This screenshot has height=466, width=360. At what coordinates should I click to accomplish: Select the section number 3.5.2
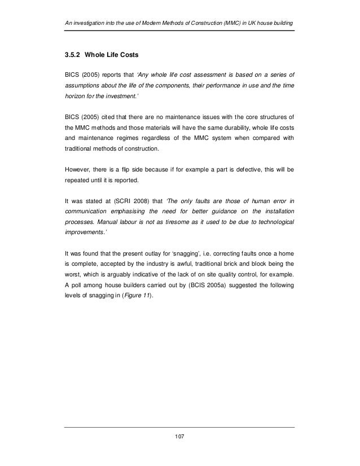(74, 56)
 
